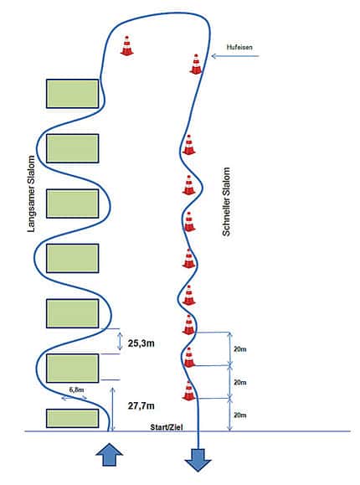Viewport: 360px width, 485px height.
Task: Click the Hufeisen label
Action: (x=239, y=47)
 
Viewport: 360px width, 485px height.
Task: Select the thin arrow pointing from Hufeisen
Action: (x=235, y=56)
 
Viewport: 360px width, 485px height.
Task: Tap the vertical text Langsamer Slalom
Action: (x=31, y=194)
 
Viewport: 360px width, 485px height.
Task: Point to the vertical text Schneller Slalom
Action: (x=226, y=202)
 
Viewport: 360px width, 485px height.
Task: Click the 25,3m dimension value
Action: (x=141, y=343)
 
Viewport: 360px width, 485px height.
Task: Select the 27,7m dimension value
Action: (x=141, y=405)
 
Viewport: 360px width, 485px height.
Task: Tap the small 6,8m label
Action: (x=76, y=390)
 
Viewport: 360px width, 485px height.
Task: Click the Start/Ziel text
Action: (x=167, y=427)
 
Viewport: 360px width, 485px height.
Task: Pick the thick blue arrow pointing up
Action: (x=109, y=454)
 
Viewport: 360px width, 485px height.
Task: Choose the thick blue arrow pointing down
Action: (x=198, y=460)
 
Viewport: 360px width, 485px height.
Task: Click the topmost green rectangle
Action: (x=72, y=94)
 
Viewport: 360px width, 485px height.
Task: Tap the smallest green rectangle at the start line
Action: (x=72, y=418)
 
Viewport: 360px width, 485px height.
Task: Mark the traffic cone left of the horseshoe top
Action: (x=126, y=46)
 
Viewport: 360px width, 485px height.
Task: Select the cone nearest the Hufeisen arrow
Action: (x=195, y=64)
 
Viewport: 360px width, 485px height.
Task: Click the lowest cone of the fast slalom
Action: (x=188, y=391)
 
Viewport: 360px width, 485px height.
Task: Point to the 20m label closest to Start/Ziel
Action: (x=240, y=415)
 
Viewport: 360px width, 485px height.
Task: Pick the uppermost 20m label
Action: (x=240, y=349)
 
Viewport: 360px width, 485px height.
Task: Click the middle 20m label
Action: (x=240, y=382)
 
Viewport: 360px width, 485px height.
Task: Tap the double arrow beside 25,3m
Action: (x=120, y=341)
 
